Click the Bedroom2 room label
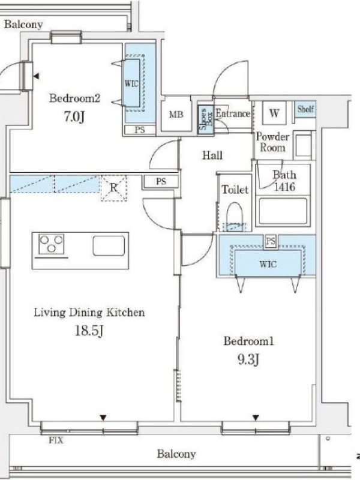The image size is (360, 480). [74, 98]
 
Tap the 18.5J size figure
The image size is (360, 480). [89, 331]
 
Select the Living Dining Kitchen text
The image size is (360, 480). [89, 313]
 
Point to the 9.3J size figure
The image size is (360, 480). [248, 359]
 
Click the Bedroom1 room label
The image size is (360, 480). [248, 341]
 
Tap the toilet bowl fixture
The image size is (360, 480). [235, 216]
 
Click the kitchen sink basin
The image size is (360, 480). [109, 245]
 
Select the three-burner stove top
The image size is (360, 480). [52, 244]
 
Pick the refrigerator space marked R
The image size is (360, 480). [114, 188]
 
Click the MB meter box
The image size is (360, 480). [176, 114]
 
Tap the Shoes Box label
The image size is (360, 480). [205, 119]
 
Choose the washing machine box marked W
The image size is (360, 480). [274, 113]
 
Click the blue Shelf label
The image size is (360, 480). [305, 109]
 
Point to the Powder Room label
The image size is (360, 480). [272, 142]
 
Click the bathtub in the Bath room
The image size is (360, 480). [283, 212]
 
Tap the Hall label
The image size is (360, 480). [212, 155]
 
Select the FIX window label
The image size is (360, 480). [56, 440]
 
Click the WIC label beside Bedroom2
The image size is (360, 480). [131, 83]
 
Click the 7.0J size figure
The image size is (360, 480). [74, 116]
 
